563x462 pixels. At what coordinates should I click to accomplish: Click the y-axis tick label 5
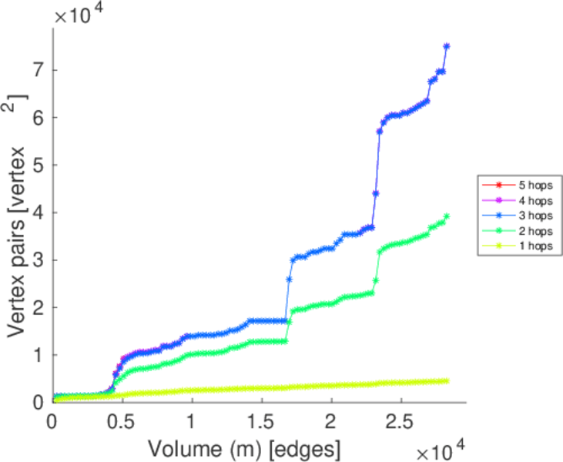pyautogui.click(x=39, y=165)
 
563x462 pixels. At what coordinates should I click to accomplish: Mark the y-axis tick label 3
pyautogui.click(x=39, y=259)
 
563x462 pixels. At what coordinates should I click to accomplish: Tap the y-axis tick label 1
pyautogui.click(x=39, y=354)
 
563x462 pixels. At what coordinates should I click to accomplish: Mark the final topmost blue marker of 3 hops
pyautogui.click(x=447, y=46)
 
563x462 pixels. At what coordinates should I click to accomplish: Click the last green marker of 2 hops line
pyautogui.click(x=447, y=216)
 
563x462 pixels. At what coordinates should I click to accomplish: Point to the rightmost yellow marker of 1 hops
pyautogui.click(x=447, y=380)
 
